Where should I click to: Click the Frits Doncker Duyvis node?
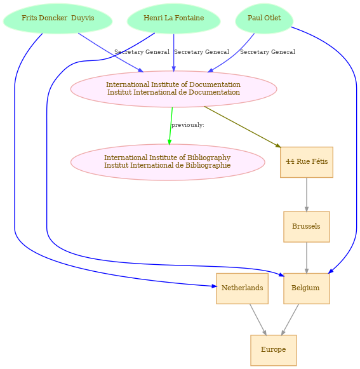58,18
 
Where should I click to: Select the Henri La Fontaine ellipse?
173,18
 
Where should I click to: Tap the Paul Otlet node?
264,18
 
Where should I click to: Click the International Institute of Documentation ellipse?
173,89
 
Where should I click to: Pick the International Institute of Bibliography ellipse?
168,162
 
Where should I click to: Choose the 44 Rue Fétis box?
307,162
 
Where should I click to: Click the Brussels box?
307,227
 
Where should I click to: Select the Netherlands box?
243,288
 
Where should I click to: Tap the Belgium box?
307,288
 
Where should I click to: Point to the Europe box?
274,350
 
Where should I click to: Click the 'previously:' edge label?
187,125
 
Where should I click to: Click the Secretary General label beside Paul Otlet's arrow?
267,52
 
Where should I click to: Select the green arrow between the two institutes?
171,126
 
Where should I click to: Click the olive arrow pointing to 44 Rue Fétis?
243,127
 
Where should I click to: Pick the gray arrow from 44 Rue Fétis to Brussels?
307,194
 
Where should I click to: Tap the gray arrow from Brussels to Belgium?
307,258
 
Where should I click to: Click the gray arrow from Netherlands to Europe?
258,319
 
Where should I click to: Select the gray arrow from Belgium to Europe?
290,319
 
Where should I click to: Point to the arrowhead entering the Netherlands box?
214,286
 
